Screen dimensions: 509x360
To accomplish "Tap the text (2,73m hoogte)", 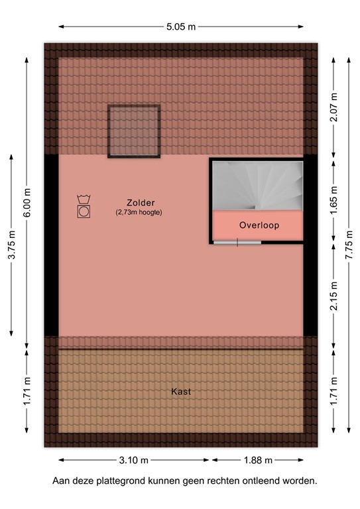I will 139,212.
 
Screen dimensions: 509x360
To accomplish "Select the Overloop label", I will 259,225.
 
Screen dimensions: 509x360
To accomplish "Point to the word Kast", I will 181,392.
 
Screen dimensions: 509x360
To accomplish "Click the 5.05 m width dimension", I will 180,27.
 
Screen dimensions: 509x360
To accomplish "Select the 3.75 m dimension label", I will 12,247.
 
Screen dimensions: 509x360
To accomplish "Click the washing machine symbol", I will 84,207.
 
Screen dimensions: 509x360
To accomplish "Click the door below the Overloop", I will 237,242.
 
